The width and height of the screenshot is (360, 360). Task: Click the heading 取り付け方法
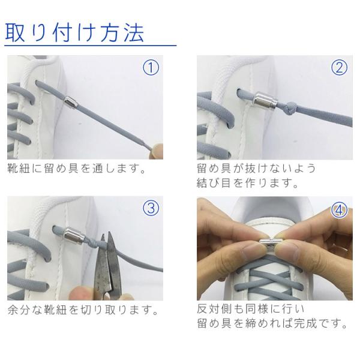75,32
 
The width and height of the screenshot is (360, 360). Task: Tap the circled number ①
151,67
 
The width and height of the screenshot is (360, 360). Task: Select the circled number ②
339,67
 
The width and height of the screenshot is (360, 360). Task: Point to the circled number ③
151,208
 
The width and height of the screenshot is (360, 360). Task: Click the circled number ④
339,211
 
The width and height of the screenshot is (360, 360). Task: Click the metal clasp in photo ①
71,101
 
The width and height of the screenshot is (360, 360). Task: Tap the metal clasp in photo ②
266,100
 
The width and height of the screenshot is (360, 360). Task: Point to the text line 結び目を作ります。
247,183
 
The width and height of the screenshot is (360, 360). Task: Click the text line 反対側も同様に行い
251,309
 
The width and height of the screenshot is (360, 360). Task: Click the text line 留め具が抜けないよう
256,168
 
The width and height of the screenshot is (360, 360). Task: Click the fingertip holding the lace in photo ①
156,151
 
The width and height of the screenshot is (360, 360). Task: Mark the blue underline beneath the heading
91,46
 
